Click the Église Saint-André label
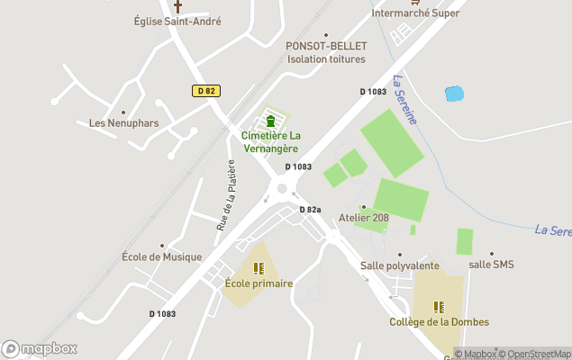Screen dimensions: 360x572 coord(177,22)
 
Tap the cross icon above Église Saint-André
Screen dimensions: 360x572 coord(177,5)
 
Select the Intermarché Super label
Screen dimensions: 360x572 coord(416,13)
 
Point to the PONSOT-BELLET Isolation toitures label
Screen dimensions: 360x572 coord(326,52)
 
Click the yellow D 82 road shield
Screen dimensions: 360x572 coord(205,91)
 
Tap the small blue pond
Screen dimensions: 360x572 coord(454,94)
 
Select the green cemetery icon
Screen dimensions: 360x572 coord(270,121)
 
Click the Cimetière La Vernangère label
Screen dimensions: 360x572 coord(271,141)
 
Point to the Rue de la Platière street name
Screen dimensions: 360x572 coord(225,195)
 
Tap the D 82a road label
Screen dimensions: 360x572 coord(310,210)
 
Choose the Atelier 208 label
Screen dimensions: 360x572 coord(364,218)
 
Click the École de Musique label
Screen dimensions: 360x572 coord(162,256)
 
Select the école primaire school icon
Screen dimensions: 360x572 coord(259,268)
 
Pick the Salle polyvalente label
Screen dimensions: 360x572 coord(400,265)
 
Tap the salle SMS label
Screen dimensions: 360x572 coord(491,265)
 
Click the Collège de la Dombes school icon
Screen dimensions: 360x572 coord(439,307)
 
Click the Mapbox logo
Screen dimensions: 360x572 coord(40,348)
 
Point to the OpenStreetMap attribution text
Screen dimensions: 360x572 coord(538,354)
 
